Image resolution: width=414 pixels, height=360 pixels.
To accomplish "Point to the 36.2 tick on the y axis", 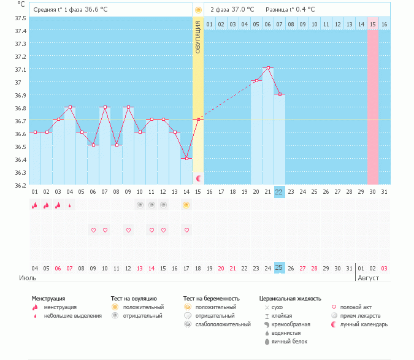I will pyautogui.click(x=20, y=185).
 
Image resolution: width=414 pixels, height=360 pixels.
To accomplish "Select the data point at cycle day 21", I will pyautogui.click(x=268, y=68).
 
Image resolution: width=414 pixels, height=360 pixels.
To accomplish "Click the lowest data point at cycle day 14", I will pyautogui.click(x=186, y=158).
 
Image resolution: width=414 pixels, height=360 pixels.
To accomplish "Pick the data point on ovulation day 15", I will pyautogui.click(x=198, y=120).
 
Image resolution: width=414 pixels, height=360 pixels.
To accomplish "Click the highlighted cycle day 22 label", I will pyautogui.click(x=279, y=192).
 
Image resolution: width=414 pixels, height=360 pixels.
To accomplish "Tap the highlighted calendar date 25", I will pyautogui.click(x=279, y=268).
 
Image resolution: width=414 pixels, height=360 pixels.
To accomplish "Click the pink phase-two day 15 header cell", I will pyautogui.click(x=372, y=25).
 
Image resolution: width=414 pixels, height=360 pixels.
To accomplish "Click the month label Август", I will pyautogui.click(x=367, y=278).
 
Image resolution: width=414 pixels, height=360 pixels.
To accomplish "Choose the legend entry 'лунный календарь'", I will pyautogui.click(x=362, y=324).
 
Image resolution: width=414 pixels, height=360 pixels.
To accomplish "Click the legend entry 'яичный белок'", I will pyautogui.click(x=289, y=341).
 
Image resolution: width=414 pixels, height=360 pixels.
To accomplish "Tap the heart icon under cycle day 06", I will pyautogui.click(x=93, y=230).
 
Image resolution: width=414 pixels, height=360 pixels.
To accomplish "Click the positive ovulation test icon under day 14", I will pyautogui.click(x=186, y=205).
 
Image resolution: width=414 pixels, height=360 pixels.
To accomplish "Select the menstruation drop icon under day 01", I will pyautogui.click(x=35, y=205).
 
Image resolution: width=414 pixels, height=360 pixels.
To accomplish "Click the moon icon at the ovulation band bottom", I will pyautogui.click(x=198, y=178).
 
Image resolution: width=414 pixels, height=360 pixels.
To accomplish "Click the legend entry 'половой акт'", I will pyautogui.click(x=355, y=307).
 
